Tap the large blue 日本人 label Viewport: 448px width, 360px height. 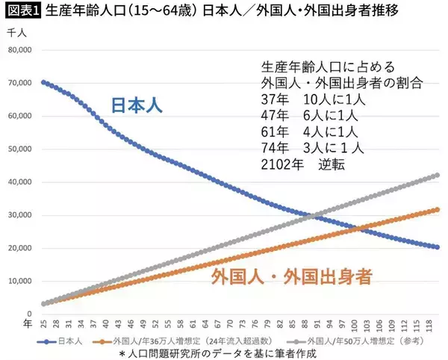(138, 105)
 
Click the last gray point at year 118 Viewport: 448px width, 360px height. (438, 176)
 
